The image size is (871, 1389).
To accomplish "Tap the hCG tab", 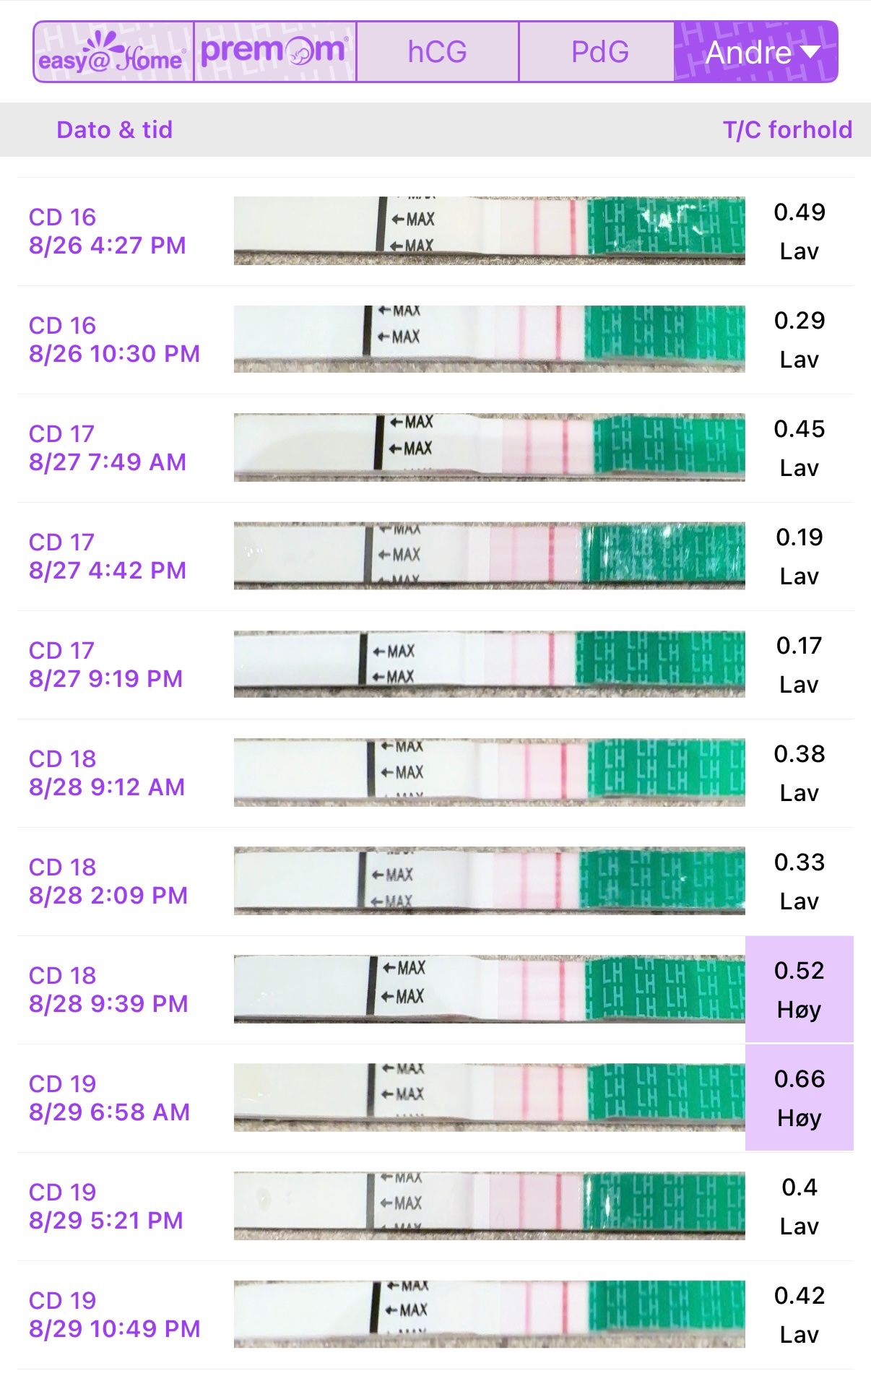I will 438,52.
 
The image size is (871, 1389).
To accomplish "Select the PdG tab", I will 599,52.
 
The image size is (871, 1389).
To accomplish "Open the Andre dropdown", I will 758,52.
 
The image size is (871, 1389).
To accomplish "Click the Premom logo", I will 274,52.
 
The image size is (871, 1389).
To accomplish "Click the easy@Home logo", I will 113,52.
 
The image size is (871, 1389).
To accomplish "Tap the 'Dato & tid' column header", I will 114,130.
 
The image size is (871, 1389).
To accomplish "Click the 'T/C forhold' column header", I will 787,130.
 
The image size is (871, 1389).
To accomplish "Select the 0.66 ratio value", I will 799,1079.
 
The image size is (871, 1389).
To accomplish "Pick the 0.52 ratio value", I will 799,971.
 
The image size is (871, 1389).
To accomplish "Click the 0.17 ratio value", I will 799,646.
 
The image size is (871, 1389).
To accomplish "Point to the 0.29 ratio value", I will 799,321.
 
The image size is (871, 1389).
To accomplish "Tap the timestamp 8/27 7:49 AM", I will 108,462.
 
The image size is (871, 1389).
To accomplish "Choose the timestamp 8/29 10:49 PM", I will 114,1329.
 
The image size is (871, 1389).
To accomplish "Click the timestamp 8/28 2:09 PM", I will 108,896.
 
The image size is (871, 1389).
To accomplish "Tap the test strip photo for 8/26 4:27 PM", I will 489,231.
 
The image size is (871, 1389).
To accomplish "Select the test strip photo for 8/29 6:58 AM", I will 489,1097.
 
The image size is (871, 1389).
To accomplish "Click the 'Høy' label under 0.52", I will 799,1010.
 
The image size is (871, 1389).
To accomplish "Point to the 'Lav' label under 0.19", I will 799,576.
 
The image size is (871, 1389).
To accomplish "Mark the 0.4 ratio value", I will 799,1187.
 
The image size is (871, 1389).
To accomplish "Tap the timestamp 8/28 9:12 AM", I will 107,787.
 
